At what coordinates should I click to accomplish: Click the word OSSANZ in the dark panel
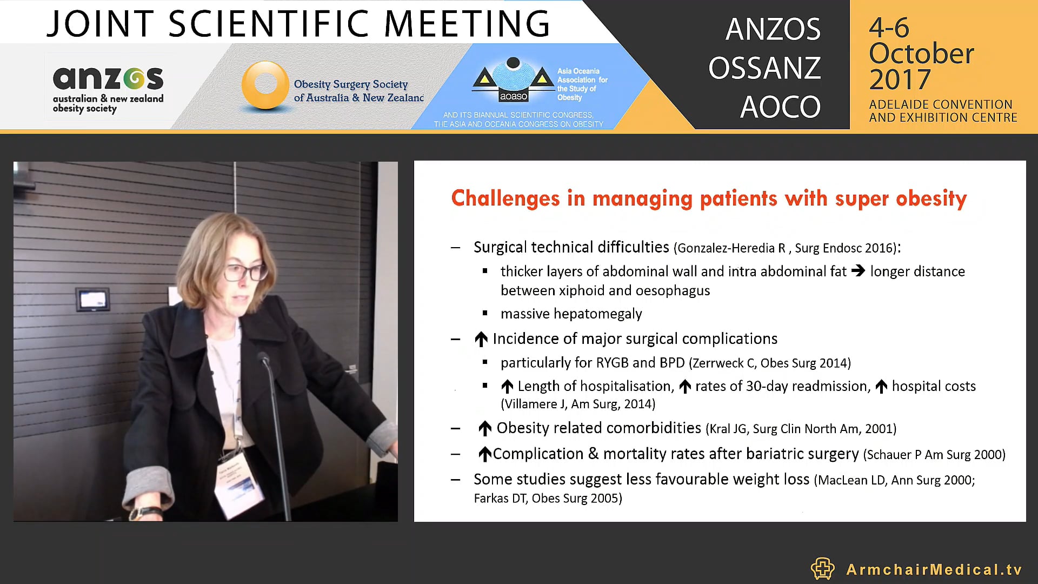(764, 68)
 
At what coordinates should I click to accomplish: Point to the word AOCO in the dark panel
(780, 107)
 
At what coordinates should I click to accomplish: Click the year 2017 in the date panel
(900, 80)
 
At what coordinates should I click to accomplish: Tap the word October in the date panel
(921, 54)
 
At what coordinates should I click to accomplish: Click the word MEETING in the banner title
(467, 24)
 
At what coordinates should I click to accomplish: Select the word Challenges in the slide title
(505, 198)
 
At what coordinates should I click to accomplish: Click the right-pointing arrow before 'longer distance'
(858, 271)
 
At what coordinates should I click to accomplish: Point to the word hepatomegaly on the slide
(598, 314)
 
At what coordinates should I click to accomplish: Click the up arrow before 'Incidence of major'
(481, 339)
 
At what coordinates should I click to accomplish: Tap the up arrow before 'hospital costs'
(881, 387)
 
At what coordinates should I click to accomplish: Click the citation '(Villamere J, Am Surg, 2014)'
(578, 404)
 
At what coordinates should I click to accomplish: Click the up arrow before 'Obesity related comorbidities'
(484, 428)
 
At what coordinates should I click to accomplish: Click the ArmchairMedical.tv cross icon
(822, 568)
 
